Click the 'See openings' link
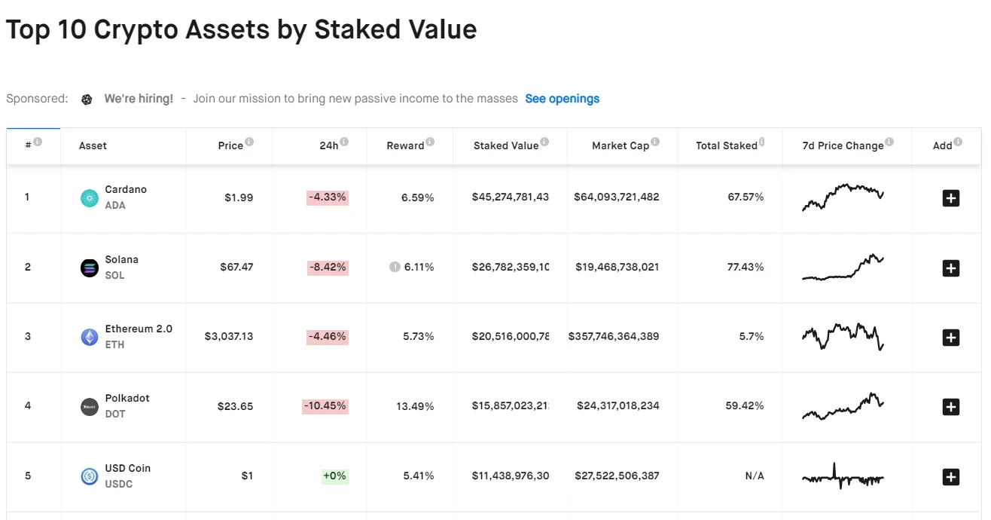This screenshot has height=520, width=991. tap(562, 99)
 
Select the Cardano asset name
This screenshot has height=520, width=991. tap(126, 189)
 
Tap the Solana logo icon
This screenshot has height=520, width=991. tap(90, 268)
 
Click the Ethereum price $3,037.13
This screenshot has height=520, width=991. tap(229, 336)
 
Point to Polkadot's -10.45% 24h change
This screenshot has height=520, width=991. tap(325, 406)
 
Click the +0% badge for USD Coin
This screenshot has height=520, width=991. tap(334, 476)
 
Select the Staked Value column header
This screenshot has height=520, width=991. tap(506, 145)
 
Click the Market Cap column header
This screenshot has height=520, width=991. tap(620, 145)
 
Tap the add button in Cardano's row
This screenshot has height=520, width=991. tap(951, 198)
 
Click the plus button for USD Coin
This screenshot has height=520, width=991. tap(951, 477)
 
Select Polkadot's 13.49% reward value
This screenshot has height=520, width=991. tap(415, 406)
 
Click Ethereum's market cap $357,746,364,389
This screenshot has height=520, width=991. tap(614, 336)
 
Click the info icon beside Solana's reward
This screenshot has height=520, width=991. tap(395, 267)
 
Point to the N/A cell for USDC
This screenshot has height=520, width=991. tap(755, 476)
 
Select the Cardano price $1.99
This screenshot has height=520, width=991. tap(239, 197)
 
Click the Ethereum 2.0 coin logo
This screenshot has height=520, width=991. tap(90, 337)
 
